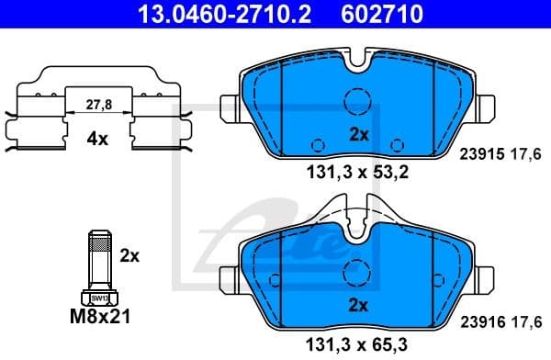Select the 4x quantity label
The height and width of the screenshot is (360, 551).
[97, 140]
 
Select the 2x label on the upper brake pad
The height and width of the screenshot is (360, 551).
[358, 134]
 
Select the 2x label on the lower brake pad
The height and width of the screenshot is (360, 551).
[358, 304]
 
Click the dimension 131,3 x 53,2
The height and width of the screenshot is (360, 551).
[357, 171]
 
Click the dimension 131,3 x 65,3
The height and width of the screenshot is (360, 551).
[357, 343]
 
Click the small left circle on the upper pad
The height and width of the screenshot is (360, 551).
[318, 144]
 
